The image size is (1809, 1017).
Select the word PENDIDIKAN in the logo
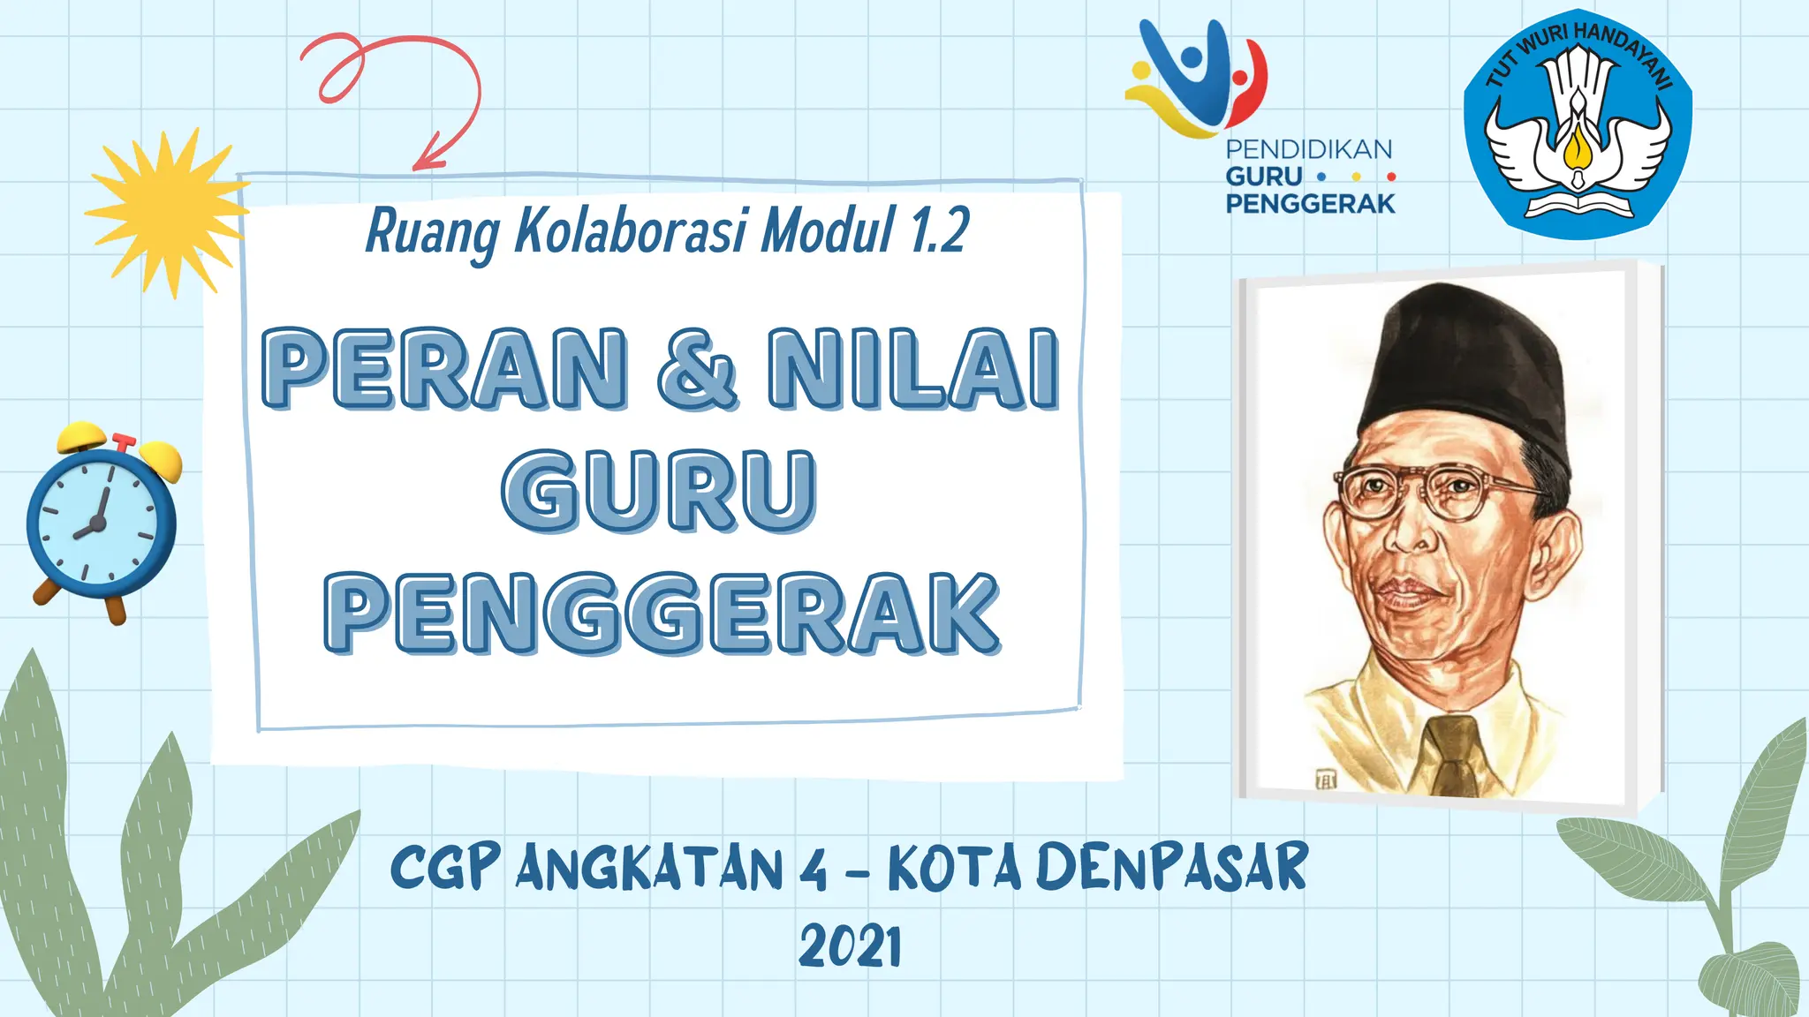(1308, 149)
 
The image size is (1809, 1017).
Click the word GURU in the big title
(659, 491)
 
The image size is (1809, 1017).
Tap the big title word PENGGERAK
(662, 614)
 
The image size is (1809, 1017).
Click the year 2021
(850, 947)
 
